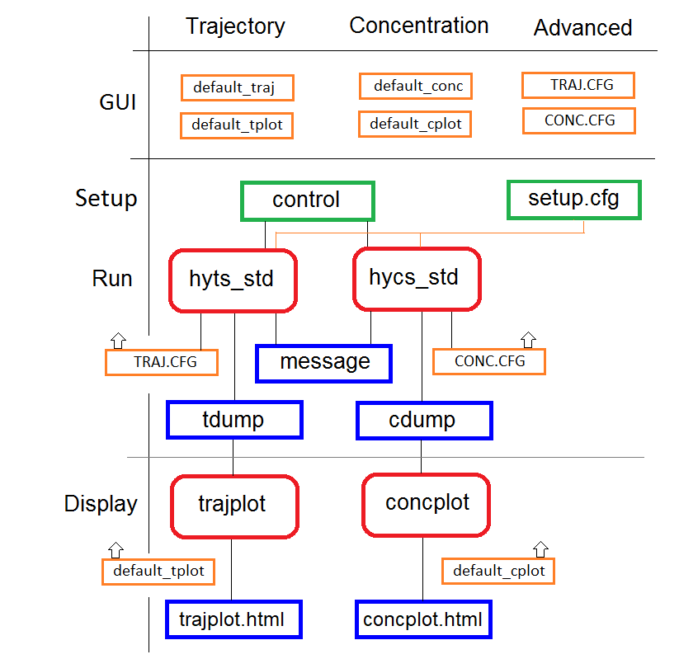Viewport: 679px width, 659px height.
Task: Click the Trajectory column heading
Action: pyautogui.click(x=235, y=27)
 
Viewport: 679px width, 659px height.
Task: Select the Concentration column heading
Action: pyautogui.click(x=419, y=26)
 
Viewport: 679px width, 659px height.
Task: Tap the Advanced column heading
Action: pyautogui.click(x=582, y=28)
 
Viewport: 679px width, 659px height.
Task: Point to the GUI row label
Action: pyautogui.click(x=117, y=102)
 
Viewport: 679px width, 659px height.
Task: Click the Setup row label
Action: pyautogui.click(x=106, y=199)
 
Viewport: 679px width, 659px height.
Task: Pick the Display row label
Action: pyautogui.click(x=101, y=504)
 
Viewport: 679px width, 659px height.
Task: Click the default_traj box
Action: pyautogui.click(x=238, y=88)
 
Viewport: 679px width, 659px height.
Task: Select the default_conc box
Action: pyautogui.click(x=415, y=86)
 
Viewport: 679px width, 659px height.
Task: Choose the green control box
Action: pyautogui.click(x=308, y=201)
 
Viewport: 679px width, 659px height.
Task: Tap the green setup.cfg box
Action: pyautogui.click(x=573, y=200)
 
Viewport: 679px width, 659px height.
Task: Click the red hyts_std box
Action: pyautogui.click(x=233, y=280)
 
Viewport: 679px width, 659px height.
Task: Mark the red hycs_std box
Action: pyautogui.click(x=417, y=280)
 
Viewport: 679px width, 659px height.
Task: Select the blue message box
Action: pyautogui.click(x=324, y=364)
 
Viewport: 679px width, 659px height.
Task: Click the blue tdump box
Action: pyautogui.click(x=234, y=420)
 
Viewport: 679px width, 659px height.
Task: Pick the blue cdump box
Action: pyautogui.click(x=424, y=421)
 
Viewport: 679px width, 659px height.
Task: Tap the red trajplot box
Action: pyautogui.click(x=234, y=506)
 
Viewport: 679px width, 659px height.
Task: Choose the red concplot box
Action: pyautogui.click(x=426, y=506)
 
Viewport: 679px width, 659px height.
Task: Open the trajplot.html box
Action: pyautogui.click(x=233, y=619)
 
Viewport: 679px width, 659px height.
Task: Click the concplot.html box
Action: pyautogui.click(x=423, y=619)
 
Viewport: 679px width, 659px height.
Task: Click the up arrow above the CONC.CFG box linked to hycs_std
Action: pyautogui.click(x=528, y=340)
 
